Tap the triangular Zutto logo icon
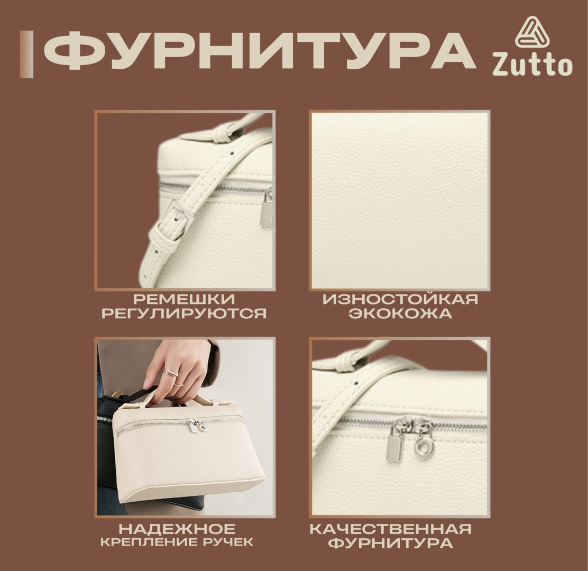(x=532, y=33)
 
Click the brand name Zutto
(x=532, y=65)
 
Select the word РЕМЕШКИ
(x=184, y=299)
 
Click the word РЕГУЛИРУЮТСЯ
(x=184, y=313)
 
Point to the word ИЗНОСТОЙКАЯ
(x=400, y=299)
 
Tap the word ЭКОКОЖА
(x=400, y=313)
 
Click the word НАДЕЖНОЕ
(x=177, y=529)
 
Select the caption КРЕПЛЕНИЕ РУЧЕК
(x=177, y=542)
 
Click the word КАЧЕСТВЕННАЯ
(x=390, y=529)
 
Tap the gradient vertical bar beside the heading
(x=26, y=55)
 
